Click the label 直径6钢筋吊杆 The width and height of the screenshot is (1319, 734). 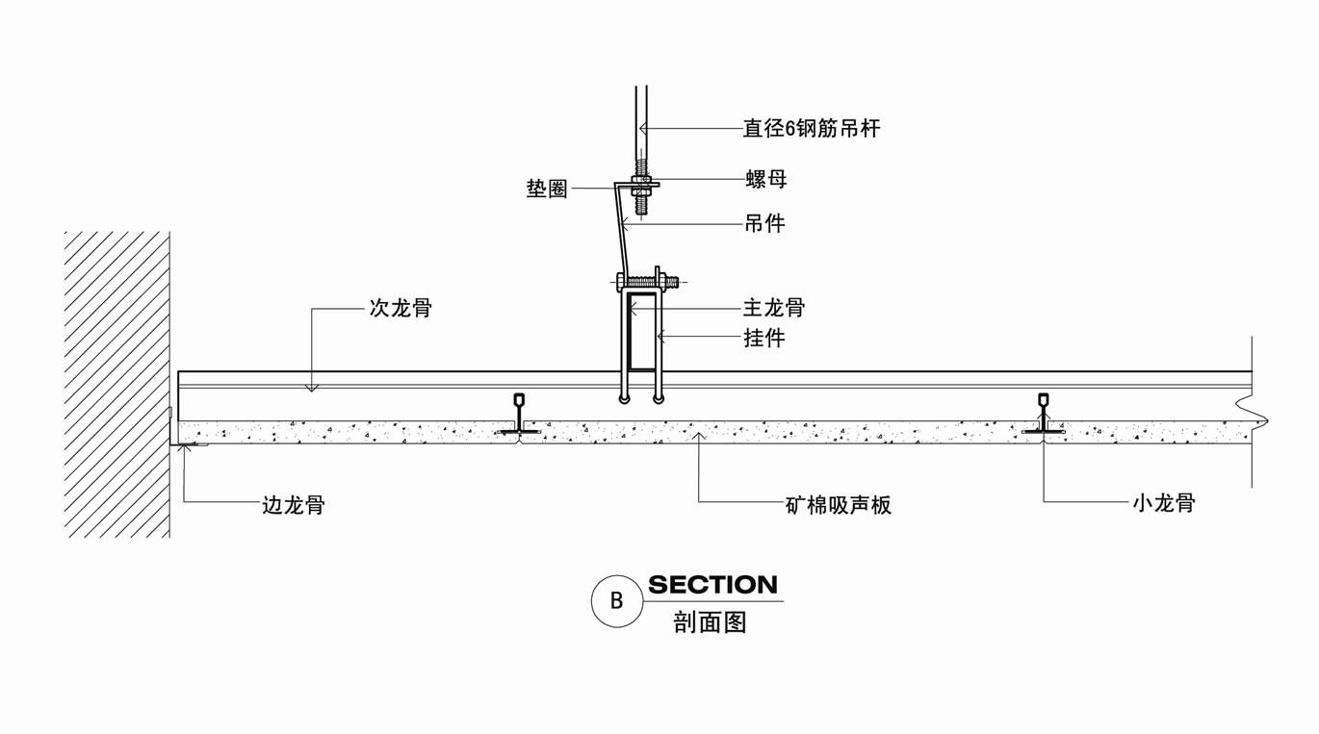click(811, 128)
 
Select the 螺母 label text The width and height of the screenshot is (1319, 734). click(765, 179)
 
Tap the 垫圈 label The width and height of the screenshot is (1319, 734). click(546, 189)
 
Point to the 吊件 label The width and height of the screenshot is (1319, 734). click(764, 224)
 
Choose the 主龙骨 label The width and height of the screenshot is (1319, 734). click(773, 308)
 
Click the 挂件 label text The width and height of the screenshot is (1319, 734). click(764, 338)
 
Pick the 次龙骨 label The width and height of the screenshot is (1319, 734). click(401, 309)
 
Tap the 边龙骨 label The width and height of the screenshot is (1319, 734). click(294, 505)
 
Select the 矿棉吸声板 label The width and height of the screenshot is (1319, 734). click(838, 505)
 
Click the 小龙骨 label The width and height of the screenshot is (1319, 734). click(1163, 502)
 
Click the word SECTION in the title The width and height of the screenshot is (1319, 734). click(712, 585)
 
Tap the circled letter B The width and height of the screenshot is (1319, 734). click(616, 601)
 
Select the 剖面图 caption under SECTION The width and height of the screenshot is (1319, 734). click(711, 622)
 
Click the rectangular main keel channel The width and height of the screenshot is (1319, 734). click(642, 333)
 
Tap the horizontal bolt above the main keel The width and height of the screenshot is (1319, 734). click(648, 282)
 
